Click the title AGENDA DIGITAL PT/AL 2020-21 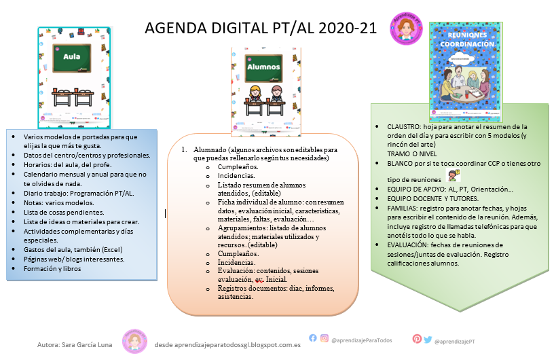point(261,28)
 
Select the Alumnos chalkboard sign point(263,67)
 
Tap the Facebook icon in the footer point(313,338)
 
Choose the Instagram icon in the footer point(325,338)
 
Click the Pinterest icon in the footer point(417,338)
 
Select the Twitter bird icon point(427,338)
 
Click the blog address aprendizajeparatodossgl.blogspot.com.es point(227,344)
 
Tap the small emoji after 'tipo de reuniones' point(453,175)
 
